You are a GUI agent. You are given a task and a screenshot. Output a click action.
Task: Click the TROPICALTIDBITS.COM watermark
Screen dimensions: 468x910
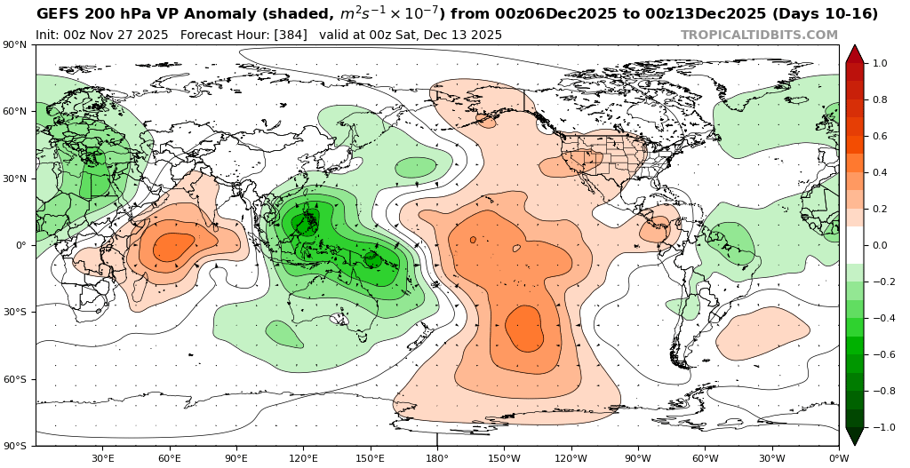(759, 36)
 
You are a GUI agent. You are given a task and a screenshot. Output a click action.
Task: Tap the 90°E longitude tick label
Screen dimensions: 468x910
(236, 458)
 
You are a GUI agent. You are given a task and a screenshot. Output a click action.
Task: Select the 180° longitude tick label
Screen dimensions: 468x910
(437, 458)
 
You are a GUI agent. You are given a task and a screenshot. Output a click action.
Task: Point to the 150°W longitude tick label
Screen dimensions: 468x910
(504, 458)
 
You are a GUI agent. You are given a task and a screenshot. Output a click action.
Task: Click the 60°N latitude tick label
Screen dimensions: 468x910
(16, 112)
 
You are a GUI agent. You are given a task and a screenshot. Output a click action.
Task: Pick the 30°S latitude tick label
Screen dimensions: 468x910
(16, 313)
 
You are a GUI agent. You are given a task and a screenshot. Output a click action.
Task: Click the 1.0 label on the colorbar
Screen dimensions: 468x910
(880, 64)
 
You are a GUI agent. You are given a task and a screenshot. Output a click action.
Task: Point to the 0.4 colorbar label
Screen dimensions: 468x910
(880, 172)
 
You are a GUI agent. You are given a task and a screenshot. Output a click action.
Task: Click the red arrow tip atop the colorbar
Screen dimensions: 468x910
(854, 53)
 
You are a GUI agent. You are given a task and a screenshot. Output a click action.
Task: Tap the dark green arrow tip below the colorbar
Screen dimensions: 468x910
(854, 436)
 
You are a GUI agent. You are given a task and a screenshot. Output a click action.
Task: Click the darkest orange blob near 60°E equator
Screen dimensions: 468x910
(172, 246)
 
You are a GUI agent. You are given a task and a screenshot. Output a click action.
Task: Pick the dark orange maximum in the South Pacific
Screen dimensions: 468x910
(524, 328)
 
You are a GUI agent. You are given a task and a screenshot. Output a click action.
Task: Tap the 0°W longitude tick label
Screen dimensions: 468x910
(838, 458)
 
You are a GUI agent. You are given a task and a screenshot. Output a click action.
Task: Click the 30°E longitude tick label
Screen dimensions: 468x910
(103, 458)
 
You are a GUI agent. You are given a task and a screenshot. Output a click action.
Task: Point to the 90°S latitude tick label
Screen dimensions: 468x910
(16, 446)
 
